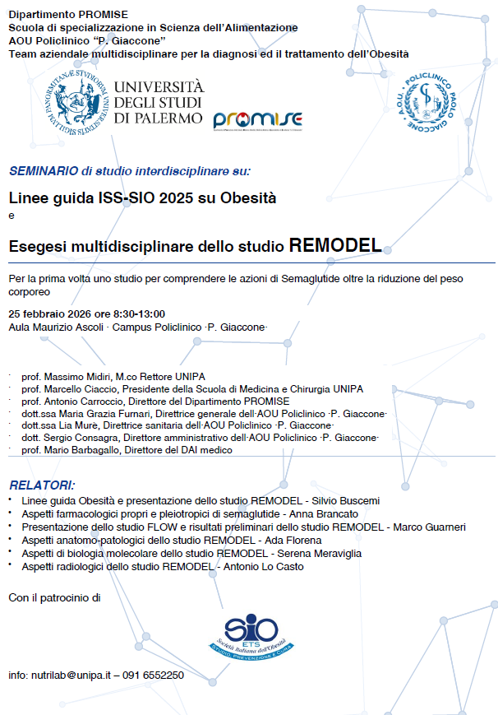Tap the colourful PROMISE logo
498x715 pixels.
(x=256, y=120)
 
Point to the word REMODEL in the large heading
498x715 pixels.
(x=335, y=245)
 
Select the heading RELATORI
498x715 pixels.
(x=42, y=484)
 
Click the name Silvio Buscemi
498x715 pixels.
(x=351, y=500)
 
